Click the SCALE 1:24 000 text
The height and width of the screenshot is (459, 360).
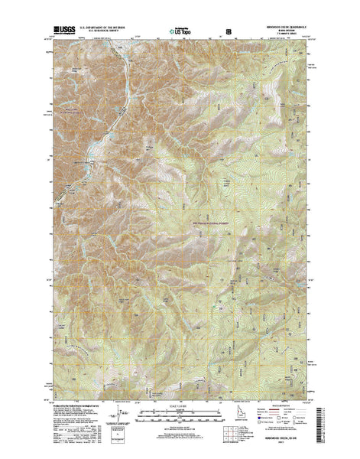(180, 405)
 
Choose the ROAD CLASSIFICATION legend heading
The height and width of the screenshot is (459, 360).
(280, 405)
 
